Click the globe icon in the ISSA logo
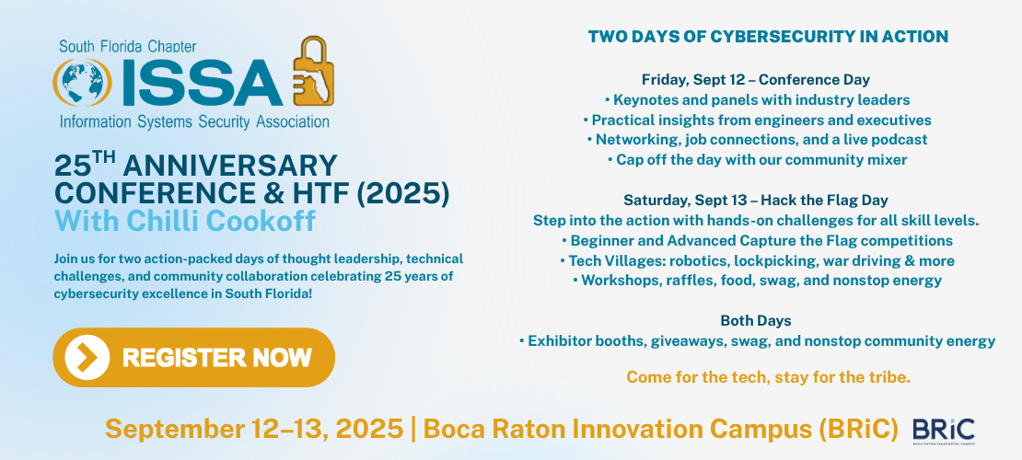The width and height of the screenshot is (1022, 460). [82, 83]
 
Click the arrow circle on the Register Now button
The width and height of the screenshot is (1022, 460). [87, 357]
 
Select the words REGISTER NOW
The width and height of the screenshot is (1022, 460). [217, 358]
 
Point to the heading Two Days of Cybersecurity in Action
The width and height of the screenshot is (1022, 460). [768, 37]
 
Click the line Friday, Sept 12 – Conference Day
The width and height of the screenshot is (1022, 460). [755, 80]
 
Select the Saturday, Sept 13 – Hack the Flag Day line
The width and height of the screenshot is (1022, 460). [755, 200]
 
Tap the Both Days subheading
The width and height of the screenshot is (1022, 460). [755, 320]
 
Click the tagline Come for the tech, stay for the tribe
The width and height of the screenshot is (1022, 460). [768, 376]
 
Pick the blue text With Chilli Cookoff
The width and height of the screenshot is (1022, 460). [185, 221]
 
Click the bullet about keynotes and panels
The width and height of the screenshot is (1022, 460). [757, 100]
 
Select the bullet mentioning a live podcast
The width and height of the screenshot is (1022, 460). [757, 140]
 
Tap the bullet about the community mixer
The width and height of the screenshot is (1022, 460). [757, 160]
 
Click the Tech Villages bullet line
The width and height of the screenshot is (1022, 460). [757, 260]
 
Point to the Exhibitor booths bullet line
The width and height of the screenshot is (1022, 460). [757, 340]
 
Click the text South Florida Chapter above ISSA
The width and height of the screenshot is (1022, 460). [128, 46]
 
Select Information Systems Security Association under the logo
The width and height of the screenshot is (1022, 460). [194, 121]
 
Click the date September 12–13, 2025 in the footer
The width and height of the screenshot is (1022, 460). [254, 429]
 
